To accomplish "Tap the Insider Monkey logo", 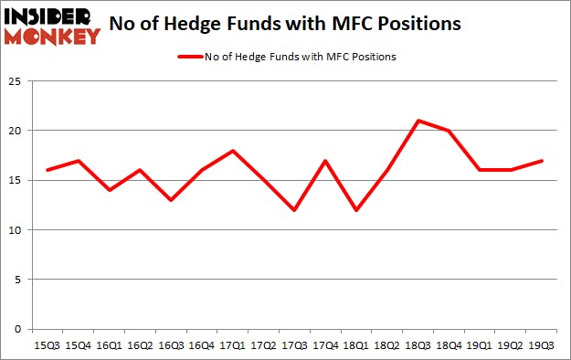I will [x=52, y=26].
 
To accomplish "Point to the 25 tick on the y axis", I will [x=16, y=81].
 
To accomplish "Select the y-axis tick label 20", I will [x=16, y=131].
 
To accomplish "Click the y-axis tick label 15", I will [x=16, y=181].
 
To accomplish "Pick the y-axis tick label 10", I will [x=16, y=230].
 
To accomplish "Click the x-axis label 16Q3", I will [x=171, y=345].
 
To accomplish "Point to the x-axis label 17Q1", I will [x=231, y=345].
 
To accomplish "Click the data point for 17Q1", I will [x=231, y=151].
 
